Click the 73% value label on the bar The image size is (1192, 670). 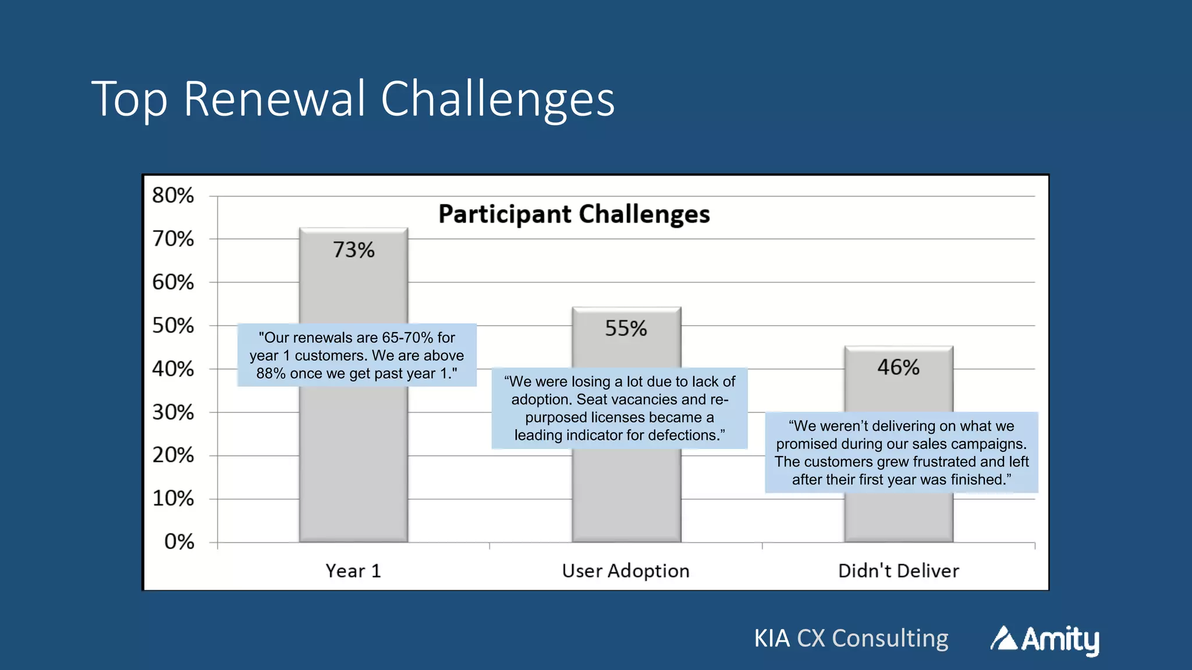click(x=353, y=250)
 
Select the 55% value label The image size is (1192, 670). click(x=626, y=329)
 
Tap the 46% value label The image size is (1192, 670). click(x=898, y=368)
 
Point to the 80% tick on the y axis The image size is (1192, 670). click(x=173, y=195)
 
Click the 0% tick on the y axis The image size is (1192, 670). click(x=179, y=542)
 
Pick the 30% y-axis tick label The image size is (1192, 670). click(x=173, y=412)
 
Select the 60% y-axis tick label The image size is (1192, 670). click(x=173, y=283)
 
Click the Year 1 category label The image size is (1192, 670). click(x=353, y=571)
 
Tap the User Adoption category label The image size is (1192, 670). click(x=626, y=571)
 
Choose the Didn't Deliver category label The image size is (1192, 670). click(x=898, y=571)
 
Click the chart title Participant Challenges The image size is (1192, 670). click(x=574, y=214)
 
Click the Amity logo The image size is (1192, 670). click(x=1045, y=640)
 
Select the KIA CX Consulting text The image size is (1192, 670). click(x=851, y=639)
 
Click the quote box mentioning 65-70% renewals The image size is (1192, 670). click(x=357, y=355)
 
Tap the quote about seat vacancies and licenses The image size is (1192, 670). click(x=619, y=408)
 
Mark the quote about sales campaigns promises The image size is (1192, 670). click(x=901, y=452)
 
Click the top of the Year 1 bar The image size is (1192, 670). click(x=353, y=229)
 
